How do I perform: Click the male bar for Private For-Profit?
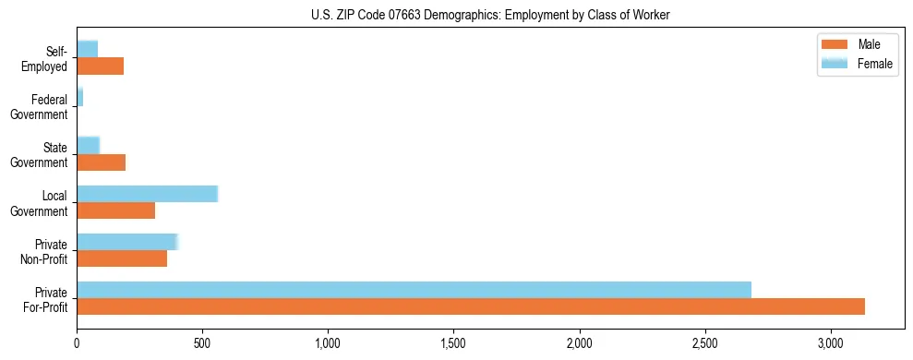(471, 306)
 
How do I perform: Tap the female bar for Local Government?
(147, 194)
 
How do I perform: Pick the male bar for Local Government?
(115, 210)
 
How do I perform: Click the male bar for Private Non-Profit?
(122, 258)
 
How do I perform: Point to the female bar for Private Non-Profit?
(126, 242)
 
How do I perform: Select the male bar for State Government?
(101, 162)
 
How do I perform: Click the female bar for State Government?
(88, 146)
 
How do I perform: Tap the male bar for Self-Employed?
(100, 66)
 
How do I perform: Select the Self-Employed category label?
(45, 59)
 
